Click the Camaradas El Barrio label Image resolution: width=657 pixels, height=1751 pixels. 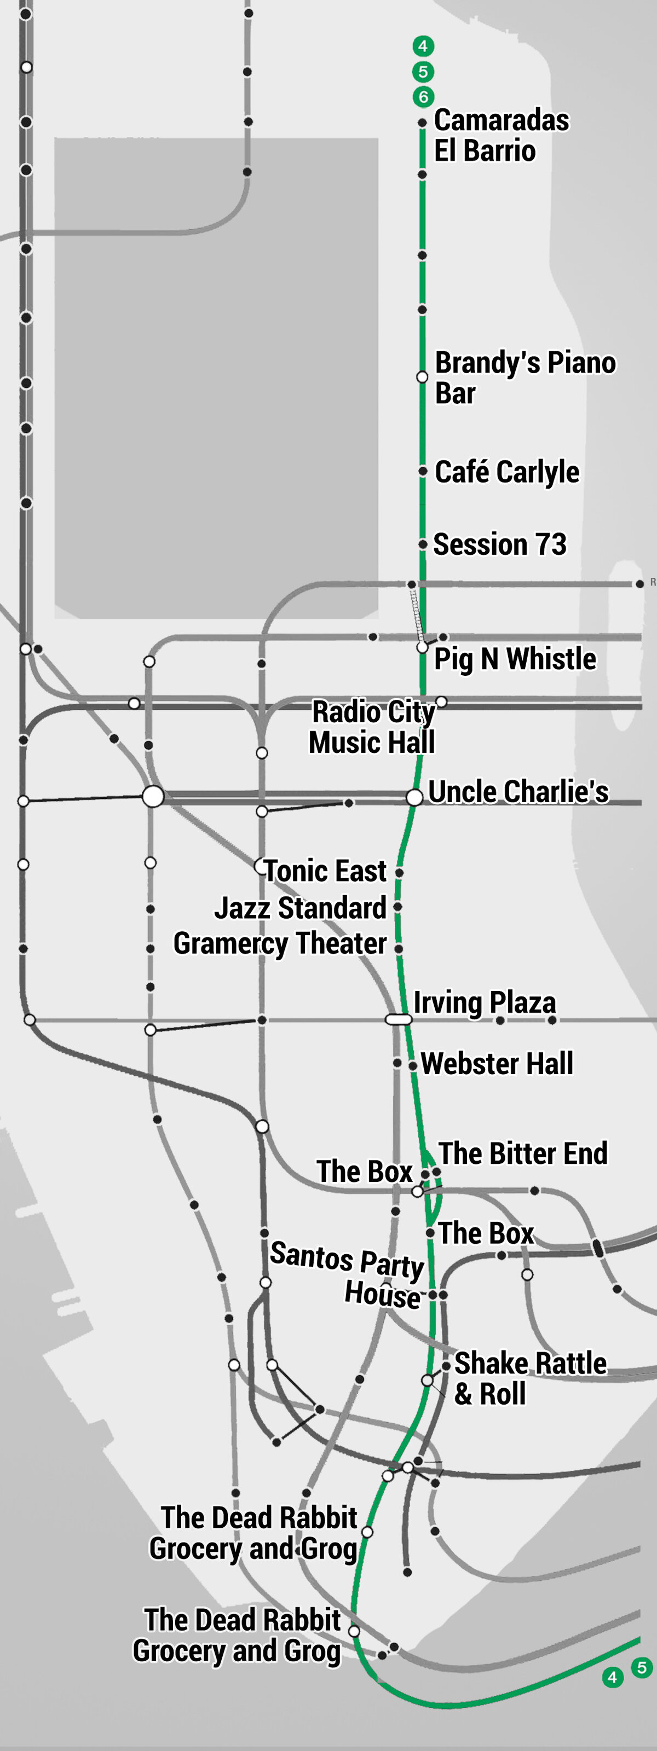pyautogui.click(x=502, y=135)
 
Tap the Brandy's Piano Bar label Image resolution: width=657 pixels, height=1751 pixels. pyautogui.click(x=525, y=378)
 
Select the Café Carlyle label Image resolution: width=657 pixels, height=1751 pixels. pyautogui.click(x=506, y=472)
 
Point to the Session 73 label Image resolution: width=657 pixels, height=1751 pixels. pyautogui.click(x=499, y=544)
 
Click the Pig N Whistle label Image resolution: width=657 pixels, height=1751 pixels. pyautogui.click(x=515, y=659)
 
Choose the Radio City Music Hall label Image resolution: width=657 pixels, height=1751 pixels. pyautogui.click(x=372, y=727)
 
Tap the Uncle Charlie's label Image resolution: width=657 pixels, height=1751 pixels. pyautogui.click(x=518, y=792)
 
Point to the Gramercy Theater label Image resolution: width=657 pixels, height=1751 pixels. pyautogui.click(x=280, y=943)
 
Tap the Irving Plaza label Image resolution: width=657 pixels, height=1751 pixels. pyautogui.click(x=484, y=1002)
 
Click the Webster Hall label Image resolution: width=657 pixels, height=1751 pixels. pyautogui.click(x=497, y=1064)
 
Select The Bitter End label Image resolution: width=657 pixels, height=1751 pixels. pyautogui.click(x=522, y=1153)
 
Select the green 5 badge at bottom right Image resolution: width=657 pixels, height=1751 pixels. pyautogui.click(x=641, y=1667)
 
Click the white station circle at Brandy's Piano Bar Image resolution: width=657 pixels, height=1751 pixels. pyautogui.click(x=422, y=377)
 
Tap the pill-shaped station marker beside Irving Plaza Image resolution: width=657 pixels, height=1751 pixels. pyautogui.click(x=399, y=1019)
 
